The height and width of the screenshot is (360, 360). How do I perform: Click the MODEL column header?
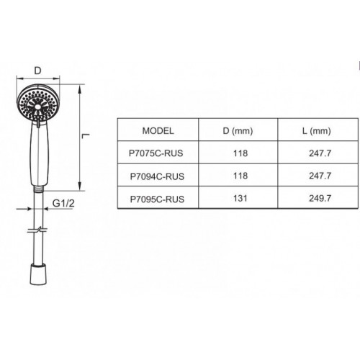click(x=158, y=131)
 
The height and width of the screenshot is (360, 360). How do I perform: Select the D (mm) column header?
click(x=238, y=131)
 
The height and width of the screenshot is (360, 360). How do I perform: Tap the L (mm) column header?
click(x=317, y=131)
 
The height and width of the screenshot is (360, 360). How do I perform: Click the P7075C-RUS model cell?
click(x=156, y=153)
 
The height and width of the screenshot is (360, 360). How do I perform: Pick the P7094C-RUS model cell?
click(x=157, y=176)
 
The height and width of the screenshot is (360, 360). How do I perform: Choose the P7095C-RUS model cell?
click(x=157, y=199)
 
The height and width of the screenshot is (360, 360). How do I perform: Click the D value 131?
click(x=240, y=199)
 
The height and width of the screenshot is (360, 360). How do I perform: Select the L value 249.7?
click(x=320, y=199)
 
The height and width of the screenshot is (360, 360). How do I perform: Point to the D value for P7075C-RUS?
click(x=240, y=153)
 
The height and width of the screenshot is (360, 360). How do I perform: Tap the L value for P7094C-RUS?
click(x=320, y=176)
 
